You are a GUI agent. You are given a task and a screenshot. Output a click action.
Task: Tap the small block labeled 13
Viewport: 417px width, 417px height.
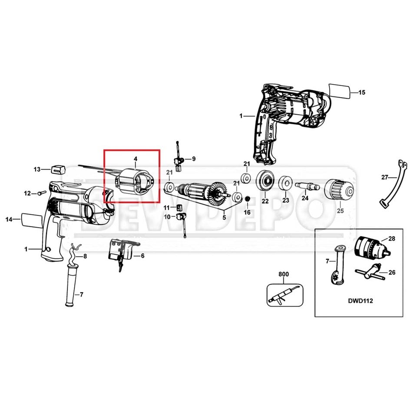pos(57,169)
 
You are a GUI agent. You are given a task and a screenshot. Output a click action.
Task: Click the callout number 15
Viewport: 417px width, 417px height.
pos(362,92)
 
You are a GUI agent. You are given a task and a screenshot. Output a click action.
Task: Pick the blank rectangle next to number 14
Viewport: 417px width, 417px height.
pos(31,220)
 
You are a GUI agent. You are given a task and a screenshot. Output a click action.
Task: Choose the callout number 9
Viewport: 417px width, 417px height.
pos(194,159)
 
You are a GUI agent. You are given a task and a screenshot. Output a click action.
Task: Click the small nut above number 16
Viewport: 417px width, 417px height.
pos(247,199)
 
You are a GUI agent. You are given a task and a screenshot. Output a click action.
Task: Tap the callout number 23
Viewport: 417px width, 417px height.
pos(285,201)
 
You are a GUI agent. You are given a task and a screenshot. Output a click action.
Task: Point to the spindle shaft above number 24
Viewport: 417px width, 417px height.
pos(307,186)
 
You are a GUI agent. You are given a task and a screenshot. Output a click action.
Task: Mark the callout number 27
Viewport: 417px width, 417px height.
pos(384,177)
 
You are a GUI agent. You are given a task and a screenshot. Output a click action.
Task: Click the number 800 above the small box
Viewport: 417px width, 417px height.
pos(283,274)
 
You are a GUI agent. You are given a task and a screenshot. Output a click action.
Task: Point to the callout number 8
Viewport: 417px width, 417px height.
pos(85,256)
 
